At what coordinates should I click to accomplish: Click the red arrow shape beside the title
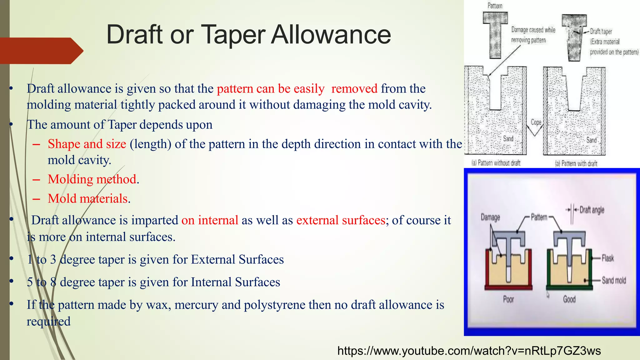41,51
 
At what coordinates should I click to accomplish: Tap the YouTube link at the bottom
469,351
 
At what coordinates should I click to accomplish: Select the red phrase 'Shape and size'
87,144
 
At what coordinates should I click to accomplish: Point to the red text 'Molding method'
92,179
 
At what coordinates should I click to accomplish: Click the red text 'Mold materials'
88,199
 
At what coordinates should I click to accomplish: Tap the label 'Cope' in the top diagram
536,122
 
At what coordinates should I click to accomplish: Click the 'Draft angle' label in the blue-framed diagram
592,210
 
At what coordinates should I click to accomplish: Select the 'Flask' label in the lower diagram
608,258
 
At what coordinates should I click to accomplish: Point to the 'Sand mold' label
614,280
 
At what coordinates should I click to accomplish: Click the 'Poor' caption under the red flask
508,299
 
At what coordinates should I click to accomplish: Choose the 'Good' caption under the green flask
569,299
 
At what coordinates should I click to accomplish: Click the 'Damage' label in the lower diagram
490,217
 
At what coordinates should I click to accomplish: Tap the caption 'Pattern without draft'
496,163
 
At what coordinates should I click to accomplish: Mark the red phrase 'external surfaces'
341,220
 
